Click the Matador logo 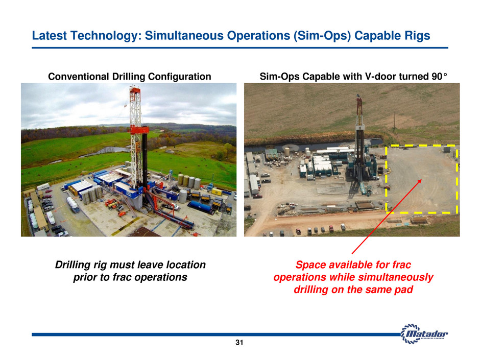[x=424, y=333]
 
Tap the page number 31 [x=239, y=343]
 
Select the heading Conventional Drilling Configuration [x=130, y=76]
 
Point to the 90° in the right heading [x=439, y=76]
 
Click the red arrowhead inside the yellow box [x=420, y=181]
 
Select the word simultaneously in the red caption [x=396, y=277]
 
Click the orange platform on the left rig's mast [x=139, y=130]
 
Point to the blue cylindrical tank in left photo [x=200, y=207]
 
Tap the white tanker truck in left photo [x=73, y=204]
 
